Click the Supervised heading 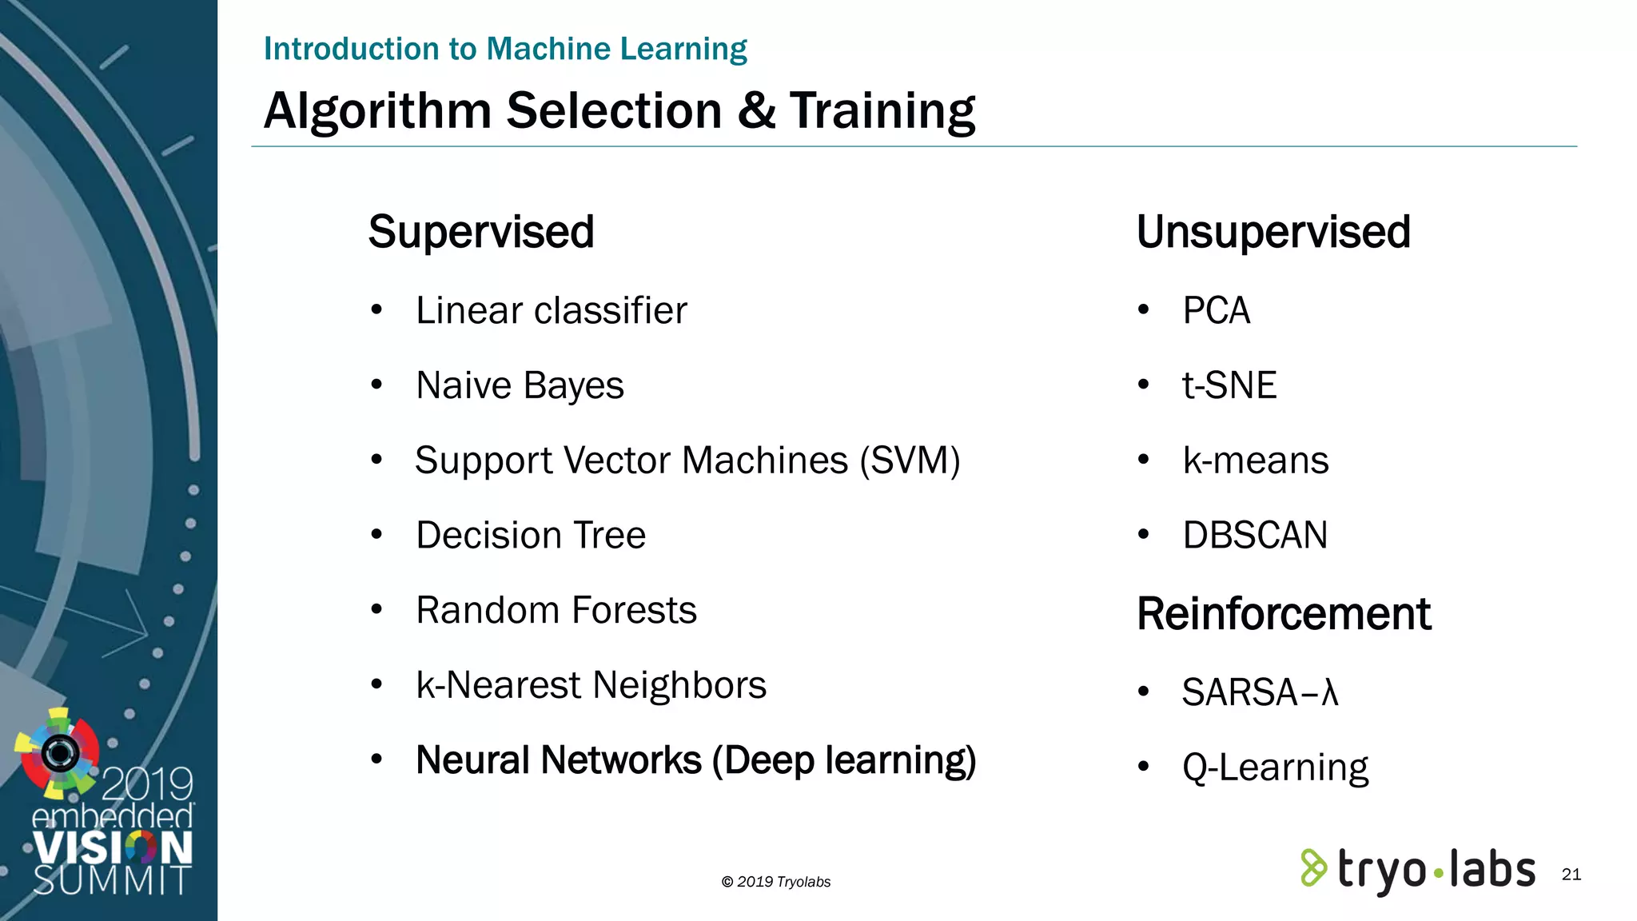(480, 232)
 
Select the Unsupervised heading (1273, 232)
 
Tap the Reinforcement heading (1283, 614)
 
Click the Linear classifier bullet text (551, 310)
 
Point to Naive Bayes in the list (520, 385)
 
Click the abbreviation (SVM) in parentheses (910, 460)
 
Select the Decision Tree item (531, 535)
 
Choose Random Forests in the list (556, 610)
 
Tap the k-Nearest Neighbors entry (591, 685)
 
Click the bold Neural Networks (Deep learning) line (695, 760)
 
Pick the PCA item (1216, 310)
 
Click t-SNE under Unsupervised (1229, 385)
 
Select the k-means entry (1255, 460)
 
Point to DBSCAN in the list (1255, 535)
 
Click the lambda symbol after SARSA (1329, 692)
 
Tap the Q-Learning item (1275, 767)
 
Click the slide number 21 (1571, 874)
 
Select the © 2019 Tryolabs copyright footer (775, 882)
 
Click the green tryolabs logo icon (1312, 868)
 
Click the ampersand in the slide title (755, 110)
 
